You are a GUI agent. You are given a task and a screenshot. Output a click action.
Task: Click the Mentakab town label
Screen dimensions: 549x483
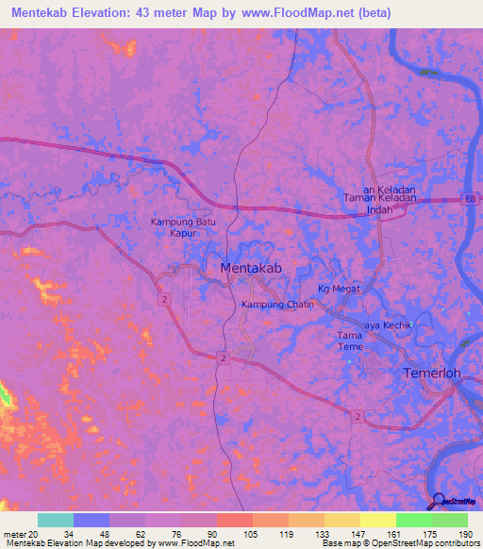tap(251, 269)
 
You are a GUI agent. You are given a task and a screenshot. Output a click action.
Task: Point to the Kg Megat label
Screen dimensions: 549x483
tap(339, 289)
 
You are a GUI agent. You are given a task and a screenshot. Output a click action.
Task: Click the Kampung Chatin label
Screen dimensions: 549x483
tap(277, 305)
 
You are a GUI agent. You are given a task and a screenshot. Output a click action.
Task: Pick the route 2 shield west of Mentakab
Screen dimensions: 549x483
tap(164, 299)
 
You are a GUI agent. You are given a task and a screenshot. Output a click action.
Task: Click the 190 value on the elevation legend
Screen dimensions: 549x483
tap(464, 534)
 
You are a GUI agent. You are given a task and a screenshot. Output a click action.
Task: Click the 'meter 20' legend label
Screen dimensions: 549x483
tap(18, 534)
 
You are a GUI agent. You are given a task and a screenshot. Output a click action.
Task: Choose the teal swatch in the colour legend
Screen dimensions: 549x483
tap(55, 520)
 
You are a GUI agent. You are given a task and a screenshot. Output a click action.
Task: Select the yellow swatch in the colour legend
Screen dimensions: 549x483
tap(377, 520)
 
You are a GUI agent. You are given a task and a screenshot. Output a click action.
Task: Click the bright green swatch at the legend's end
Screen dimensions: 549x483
tap(449, 520)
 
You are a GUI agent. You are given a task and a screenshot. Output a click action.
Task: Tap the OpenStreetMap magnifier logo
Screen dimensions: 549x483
tap(440, 501)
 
